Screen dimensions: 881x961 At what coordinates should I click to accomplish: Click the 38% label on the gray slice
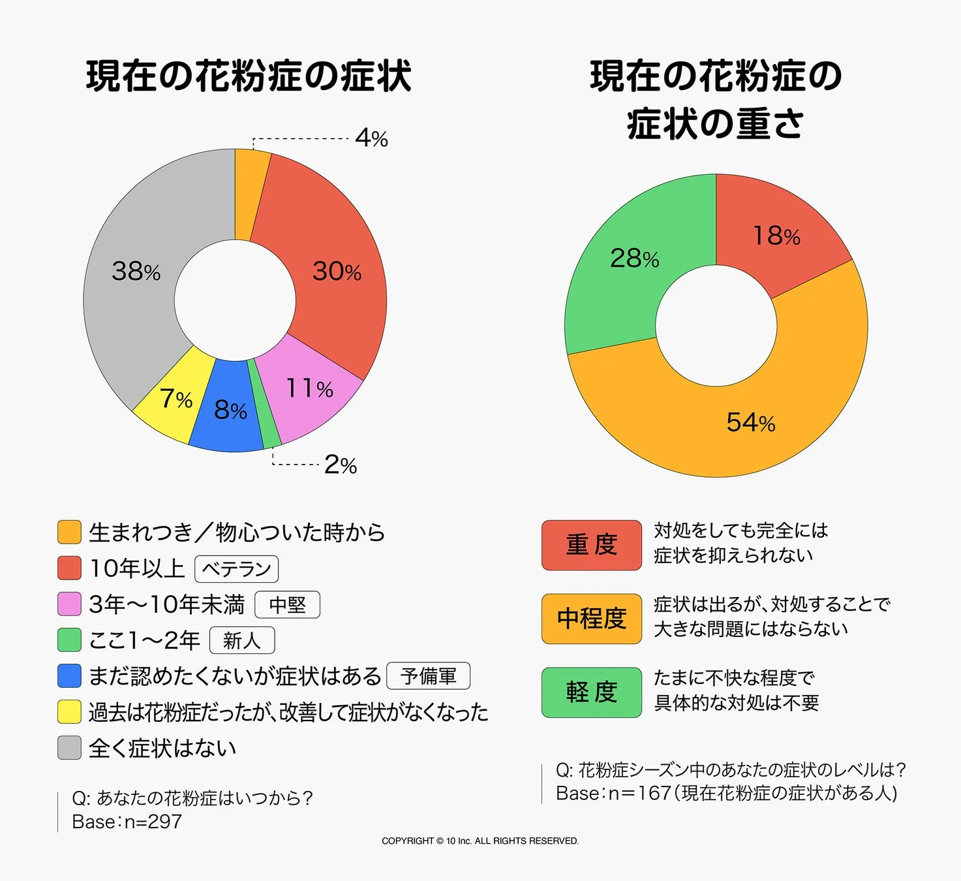pyautogui.click(x=136, y=271)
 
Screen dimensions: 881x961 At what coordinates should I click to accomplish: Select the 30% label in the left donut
pyautogui.click(x=337, y=271)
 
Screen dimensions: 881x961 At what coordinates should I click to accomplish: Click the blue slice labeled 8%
pyautogui.click(x=230, y=410)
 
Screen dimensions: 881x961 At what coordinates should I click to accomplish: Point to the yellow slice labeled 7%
pyautogui.click(x=175, y=398)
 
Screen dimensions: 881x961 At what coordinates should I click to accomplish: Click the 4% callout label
pyautogui.click(x=371, y=138)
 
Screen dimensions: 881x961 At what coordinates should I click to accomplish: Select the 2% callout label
pyautogui.click(x=340, y=465)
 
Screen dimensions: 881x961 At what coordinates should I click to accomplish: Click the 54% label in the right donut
pyautogui.click(x=750, y=422)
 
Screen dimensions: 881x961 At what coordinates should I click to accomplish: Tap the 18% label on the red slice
pyautogui.click(x=776, y=236)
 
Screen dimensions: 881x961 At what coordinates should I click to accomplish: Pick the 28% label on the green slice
pyautogui.click(x=634, y=258)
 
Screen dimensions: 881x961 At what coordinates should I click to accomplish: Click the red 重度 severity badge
pyautogui.click(x=591, y=545)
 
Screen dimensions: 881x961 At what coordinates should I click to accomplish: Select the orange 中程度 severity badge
pyautogui.click(x=591, y=619)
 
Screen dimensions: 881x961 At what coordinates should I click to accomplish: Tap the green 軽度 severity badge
pyautogui.click(x=591, y=692)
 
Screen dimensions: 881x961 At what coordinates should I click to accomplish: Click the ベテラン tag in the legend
pyautogui.click(x=236, y=568)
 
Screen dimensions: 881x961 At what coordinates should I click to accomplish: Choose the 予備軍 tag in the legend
pyautogui.click(x=428, y=676)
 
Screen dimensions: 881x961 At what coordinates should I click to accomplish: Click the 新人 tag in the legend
pyautogui.click(x=241, y=640)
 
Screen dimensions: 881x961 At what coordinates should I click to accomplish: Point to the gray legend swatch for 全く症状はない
pyautogui.click(x=69, y=748)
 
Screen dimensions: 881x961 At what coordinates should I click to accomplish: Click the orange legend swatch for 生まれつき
pyautogui.click(x=69, y=532)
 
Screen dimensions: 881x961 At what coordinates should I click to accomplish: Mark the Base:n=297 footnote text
pyautogui.click(x=127, y=822)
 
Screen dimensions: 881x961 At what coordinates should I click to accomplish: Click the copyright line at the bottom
pyautogui.click(x=480, y=841)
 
